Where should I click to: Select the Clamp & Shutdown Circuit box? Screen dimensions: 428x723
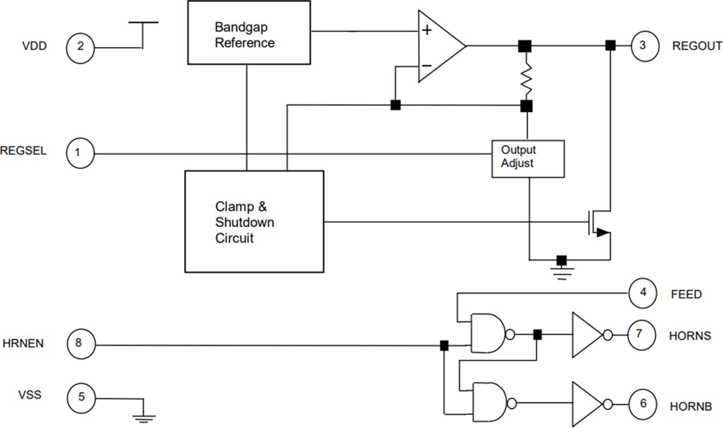pyautogui.click(x=254, y=221)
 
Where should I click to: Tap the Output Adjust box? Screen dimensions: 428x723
pyautogui.click(x=528, y=158)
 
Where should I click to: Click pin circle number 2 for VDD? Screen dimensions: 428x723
pyautogui.click(x=80, y=47)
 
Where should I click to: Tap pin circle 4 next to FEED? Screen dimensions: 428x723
pyautogui.click(x=643, y=293)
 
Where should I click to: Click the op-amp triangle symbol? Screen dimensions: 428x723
pyautogui.click(x=438, y=46)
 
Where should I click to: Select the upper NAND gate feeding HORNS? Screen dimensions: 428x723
pyautogui.click(x=489, y=334)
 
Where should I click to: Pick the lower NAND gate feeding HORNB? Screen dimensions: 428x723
pyautogui.click(x=489, y=403)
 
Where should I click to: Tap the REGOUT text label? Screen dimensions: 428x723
pyautogui.click(x=696, y=46)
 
